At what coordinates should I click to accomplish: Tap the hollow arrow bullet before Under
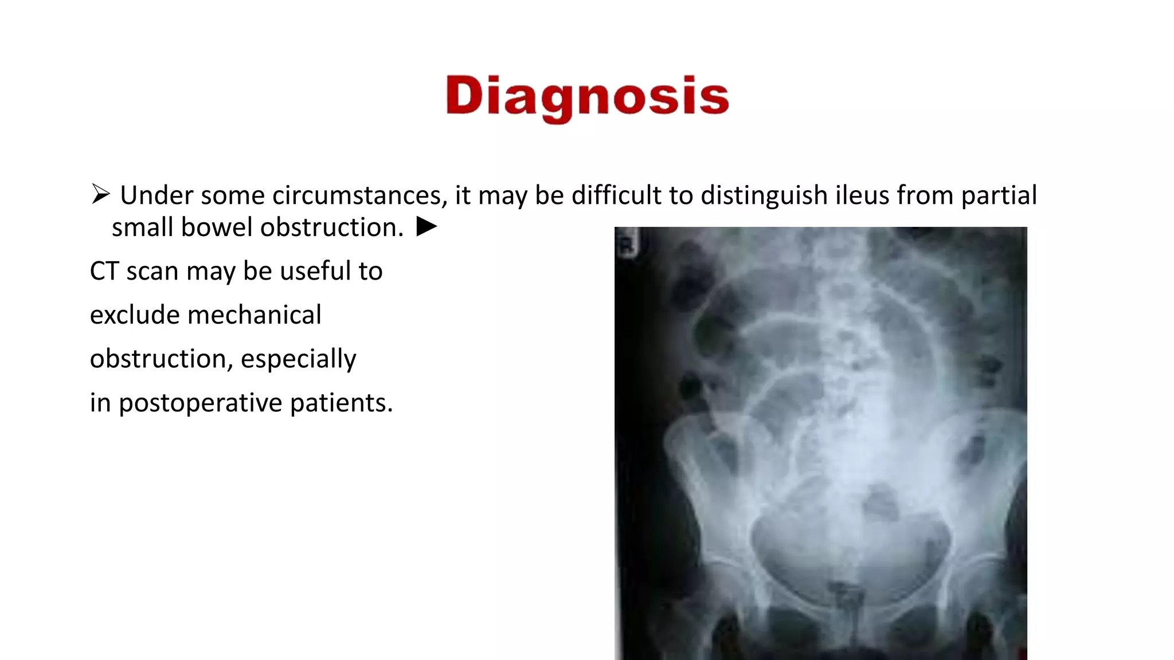pyautogui.click(x=100, y=194)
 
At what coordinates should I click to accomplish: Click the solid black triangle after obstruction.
pyautogui.click(x=426, y=227)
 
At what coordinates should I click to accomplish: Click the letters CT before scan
pyautogui.click(x=104, y=271)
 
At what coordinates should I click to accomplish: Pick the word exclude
pyautogui.click(x=134, y=315)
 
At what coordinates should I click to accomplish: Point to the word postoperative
pyautogui.click(x=200, y=403)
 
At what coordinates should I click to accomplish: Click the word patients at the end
pyautogui.click(x=341, y=403)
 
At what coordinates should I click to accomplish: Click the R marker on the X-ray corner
pyautogui.click(x=627, y=247)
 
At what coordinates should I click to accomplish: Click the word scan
pyautogui.click(x=152, y=271)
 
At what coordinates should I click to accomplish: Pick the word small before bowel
pyautogui.click(x=142, y=227)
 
